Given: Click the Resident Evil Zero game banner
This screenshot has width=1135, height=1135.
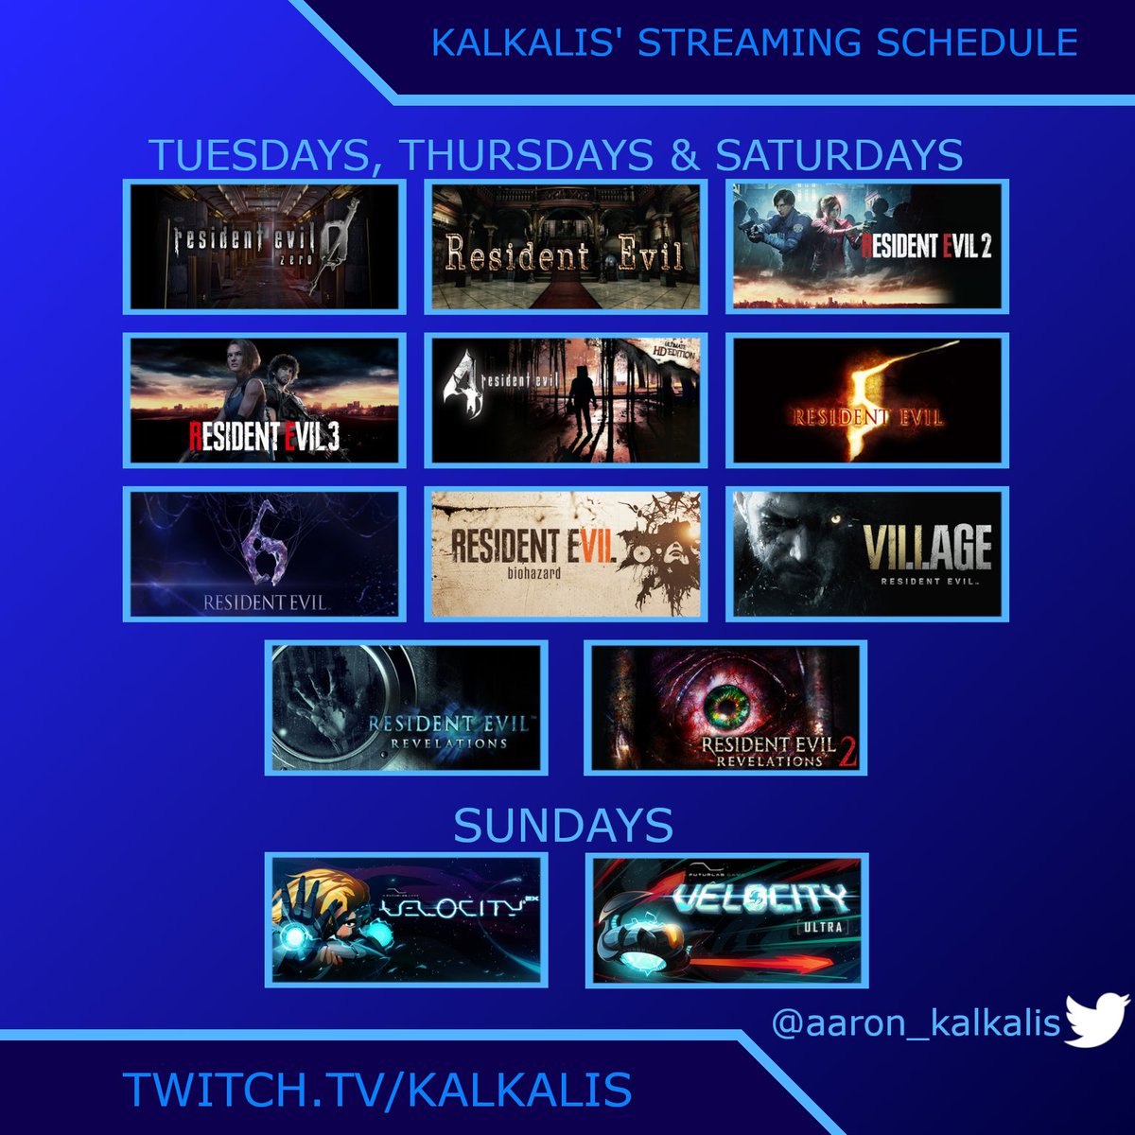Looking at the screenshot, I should pos(264,247).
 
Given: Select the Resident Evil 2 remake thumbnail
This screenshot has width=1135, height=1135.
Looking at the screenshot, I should pos(867,247).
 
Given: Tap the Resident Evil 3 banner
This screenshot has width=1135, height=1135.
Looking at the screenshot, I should pos(264,400).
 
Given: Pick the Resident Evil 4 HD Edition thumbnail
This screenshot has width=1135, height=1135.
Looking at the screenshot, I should pos(566,400).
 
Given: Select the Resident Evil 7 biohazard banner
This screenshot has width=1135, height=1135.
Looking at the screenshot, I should pos(566,554).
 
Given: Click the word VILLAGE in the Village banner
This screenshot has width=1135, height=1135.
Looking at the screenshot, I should pos(927,546).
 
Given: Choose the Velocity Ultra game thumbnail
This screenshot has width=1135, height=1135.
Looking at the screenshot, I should pos(726,920).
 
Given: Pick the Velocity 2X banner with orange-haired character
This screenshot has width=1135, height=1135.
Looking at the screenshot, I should pos(407,920).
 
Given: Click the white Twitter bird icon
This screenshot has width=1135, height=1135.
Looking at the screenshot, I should pos(1097,1020).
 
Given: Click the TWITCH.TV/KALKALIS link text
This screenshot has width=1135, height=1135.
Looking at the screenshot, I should pos(376,1090).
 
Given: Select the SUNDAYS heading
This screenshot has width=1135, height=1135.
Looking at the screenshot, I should pos(564,826).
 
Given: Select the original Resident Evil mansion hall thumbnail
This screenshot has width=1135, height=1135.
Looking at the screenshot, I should pos(566,247).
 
